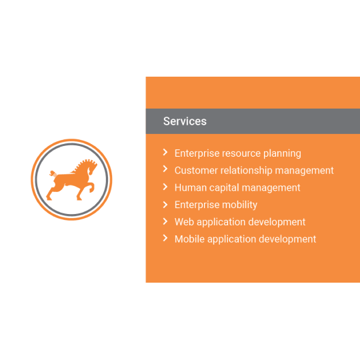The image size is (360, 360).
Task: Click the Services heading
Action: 185,121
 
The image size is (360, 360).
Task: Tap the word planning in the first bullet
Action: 282,153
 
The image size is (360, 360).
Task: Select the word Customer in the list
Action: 196,171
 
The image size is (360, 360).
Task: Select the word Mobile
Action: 189,239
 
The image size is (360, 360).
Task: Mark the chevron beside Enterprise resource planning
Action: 165,152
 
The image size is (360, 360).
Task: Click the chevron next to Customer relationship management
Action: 165,169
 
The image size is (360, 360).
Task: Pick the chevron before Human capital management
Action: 165,187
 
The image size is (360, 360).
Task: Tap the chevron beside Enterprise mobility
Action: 165,205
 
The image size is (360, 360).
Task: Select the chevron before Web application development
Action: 165,221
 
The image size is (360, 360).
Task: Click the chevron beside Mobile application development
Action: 165,238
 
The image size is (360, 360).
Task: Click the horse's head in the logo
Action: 92,167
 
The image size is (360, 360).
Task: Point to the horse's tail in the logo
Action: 53,173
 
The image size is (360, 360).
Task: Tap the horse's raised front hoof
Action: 91,189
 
